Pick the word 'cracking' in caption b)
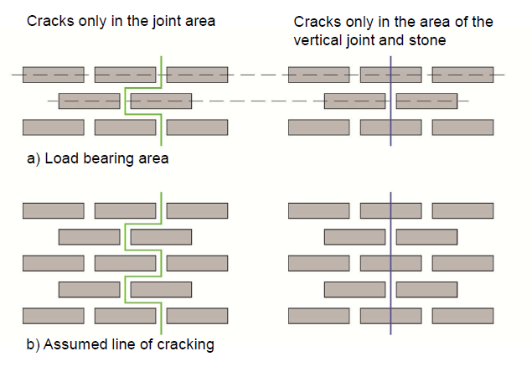[x=186, y=345]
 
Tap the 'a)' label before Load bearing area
[x=30, y=158]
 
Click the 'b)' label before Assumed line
[x=30, y=344]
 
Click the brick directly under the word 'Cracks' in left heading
[x=53, y=74]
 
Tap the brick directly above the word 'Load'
[x=53, y=127]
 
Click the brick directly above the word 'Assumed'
[x=53, y=316]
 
